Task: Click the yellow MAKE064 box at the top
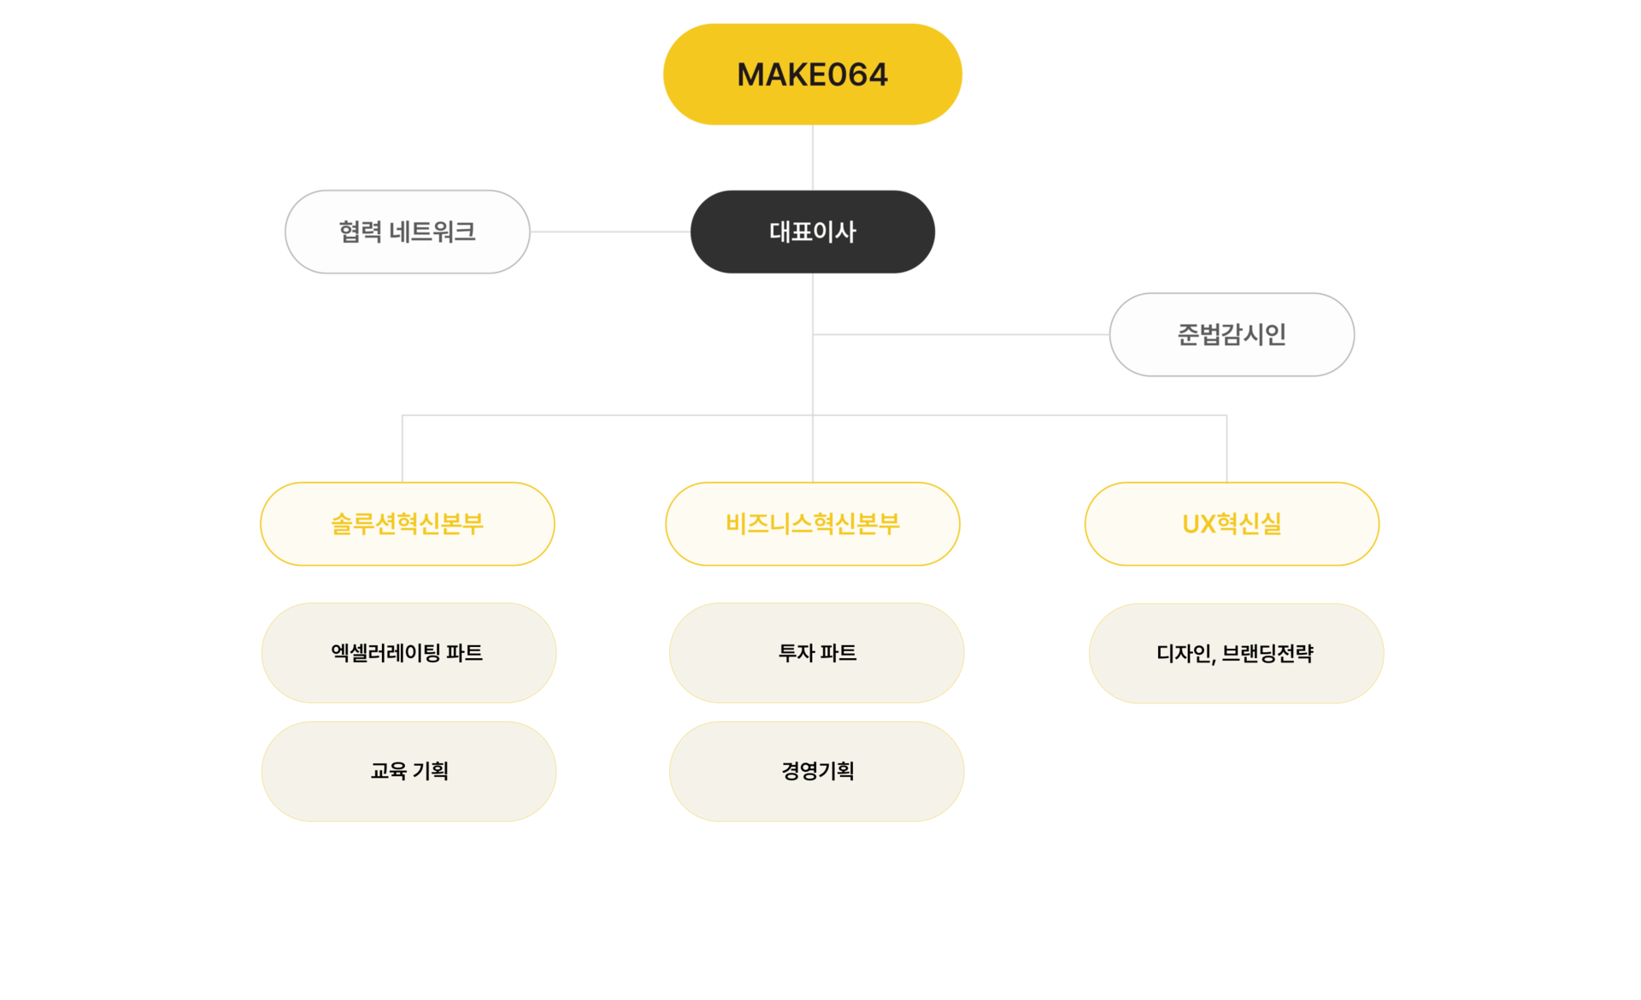click(x=812, y=75)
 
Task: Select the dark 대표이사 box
click(x=812, y=232)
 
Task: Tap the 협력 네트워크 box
click(x=407, y=232)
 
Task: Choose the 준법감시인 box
click(x=1232, y=334)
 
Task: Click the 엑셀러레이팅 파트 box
click(x=409, y=653)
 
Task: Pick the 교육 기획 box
click(x=409, y=771)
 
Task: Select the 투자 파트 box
click(x=817, y=653)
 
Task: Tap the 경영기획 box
click(x=817, y=771)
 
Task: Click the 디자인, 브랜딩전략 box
click(x=1236, y=653)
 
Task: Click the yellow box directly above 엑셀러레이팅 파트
click(x=407, y=523)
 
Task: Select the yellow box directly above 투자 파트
click(x=812, y=523)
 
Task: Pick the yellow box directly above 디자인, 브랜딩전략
click(x=1232, y=523)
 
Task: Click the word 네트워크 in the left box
click(x=432, y=232)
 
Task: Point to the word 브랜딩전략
click(x=1268, y=654)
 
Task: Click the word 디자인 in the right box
click(x=1184, y=654)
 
